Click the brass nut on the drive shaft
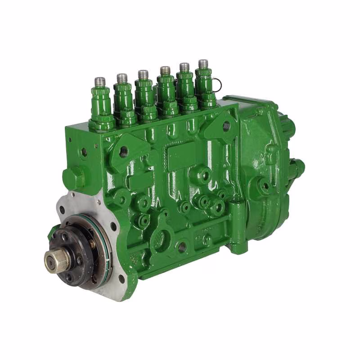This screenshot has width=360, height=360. pos(56,261)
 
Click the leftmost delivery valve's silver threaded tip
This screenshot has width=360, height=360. pos(100,82)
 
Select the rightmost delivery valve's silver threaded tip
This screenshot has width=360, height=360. pos(203,64)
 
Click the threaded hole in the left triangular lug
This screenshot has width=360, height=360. pos(124,152)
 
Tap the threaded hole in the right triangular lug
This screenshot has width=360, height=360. pos(226,126)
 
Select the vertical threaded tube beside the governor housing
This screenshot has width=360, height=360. pos(238,225)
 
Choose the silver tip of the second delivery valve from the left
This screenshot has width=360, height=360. pos(122,78)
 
